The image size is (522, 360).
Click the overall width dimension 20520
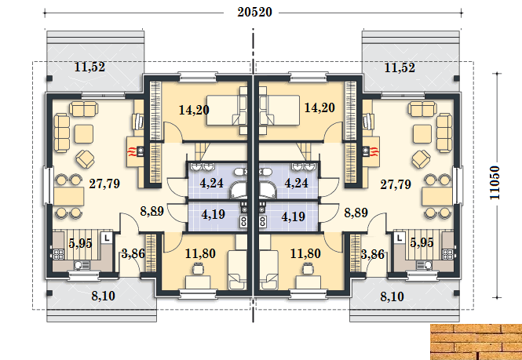coord(254,13)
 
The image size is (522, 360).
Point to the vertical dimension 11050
coord(495,183)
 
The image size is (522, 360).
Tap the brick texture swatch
coord(476,342)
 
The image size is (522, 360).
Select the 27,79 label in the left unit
coord(104,184)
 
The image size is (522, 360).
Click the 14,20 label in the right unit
coord(319,107)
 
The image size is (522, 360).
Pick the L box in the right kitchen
coord(400,238)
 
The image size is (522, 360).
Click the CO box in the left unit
coord(243,222)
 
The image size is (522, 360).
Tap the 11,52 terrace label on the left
coord(89,67)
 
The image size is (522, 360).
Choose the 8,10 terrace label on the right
coord(392,296)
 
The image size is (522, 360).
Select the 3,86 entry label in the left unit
coord(133,254)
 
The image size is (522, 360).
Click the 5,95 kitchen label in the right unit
coord(422,243)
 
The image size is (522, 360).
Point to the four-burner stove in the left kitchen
coord(59,254)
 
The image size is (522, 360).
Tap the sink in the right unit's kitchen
coord(424,265)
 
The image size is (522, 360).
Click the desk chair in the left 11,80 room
coord(198,267)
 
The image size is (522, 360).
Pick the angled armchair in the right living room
coord(421,159)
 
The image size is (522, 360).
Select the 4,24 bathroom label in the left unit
coord(212,183)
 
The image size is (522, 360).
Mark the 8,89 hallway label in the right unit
coord(356,213)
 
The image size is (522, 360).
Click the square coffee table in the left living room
coord(84,134)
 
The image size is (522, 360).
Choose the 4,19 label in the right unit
coord(293,216)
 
